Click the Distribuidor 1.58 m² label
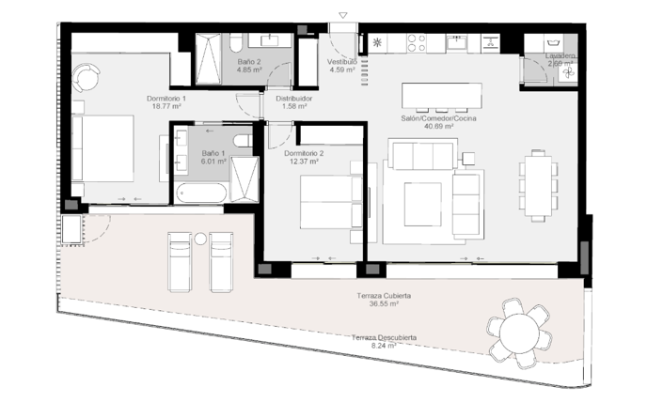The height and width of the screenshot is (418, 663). tap(293, 101)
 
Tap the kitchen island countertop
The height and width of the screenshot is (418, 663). tap(441, 96)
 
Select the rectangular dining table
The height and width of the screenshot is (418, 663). tap(537, 184)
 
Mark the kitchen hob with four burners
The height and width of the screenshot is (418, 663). tap(416, 42)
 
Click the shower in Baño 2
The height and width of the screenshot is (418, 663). tap(205, 60)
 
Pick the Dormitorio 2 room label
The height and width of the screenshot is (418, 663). tap(303, 156)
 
